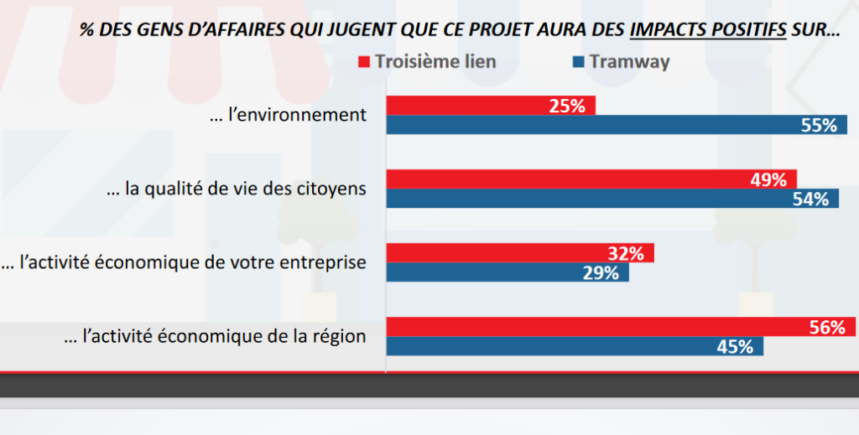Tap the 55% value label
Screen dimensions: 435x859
click(820, 126)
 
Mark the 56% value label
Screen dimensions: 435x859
click(828, 327)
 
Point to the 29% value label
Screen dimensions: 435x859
click(601, 273)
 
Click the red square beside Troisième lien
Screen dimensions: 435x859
click(364, 62)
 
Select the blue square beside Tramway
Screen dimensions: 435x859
click(578, 62)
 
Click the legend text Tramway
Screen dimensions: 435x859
click(629, 62)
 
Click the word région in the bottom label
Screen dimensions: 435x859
click(340, 337)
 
